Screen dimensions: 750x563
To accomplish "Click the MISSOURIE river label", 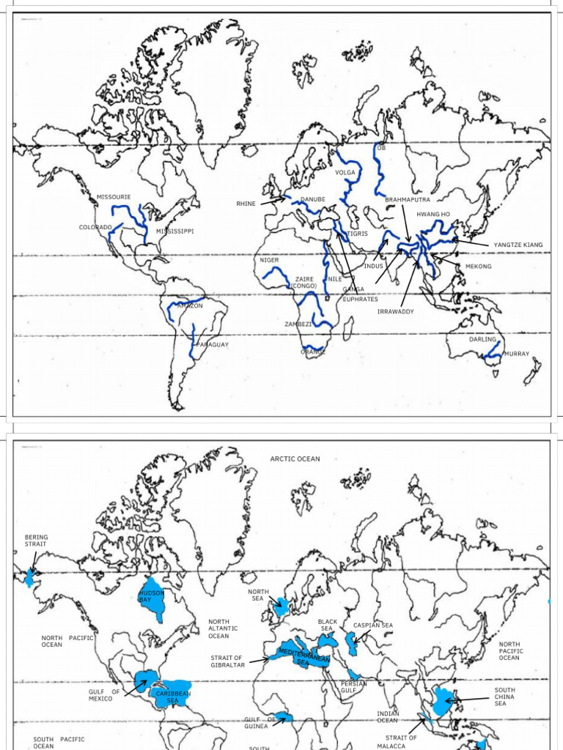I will pos(114,197).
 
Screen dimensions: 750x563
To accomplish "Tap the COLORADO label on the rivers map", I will pos(95,227).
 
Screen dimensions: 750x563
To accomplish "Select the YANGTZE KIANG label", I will pos(518,245).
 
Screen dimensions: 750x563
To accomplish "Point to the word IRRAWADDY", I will pos(395,312).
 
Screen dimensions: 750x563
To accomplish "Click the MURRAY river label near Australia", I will pos(517,354).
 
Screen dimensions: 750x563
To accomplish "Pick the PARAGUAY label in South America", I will pos(213,344).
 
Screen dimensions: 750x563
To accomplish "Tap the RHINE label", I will pos(246,204).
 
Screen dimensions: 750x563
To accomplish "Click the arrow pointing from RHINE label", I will pos(272,198).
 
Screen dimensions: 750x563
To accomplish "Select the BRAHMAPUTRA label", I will pos(408,199).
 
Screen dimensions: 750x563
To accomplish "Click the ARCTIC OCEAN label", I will pos(295,459).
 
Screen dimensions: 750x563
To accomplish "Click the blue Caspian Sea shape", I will pos(351,644).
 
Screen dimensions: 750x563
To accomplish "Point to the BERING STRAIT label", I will pos(36,541).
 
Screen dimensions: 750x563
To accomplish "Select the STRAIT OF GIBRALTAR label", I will pos(227,661).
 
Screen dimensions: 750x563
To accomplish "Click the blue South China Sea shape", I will pos(441,701).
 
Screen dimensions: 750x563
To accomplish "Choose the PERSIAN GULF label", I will pos(353,687).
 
